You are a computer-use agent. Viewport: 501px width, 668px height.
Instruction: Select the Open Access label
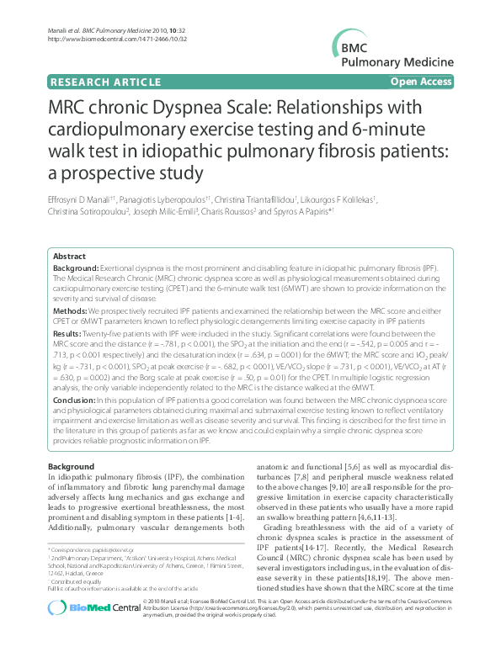tap(421, 82)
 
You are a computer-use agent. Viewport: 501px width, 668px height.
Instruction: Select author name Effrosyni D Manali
tap(83, 199)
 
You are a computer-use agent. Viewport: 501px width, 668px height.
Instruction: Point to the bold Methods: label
tap(71, 310)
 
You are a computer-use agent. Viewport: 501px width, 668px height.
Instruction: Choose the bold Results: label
tap(68, 333)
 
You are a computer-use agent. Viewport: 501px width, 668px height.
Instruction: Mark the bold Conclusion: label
tap(75, 399)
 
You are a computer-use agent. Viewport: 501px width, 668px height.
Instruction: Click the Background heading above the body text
tap(72, 466)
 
